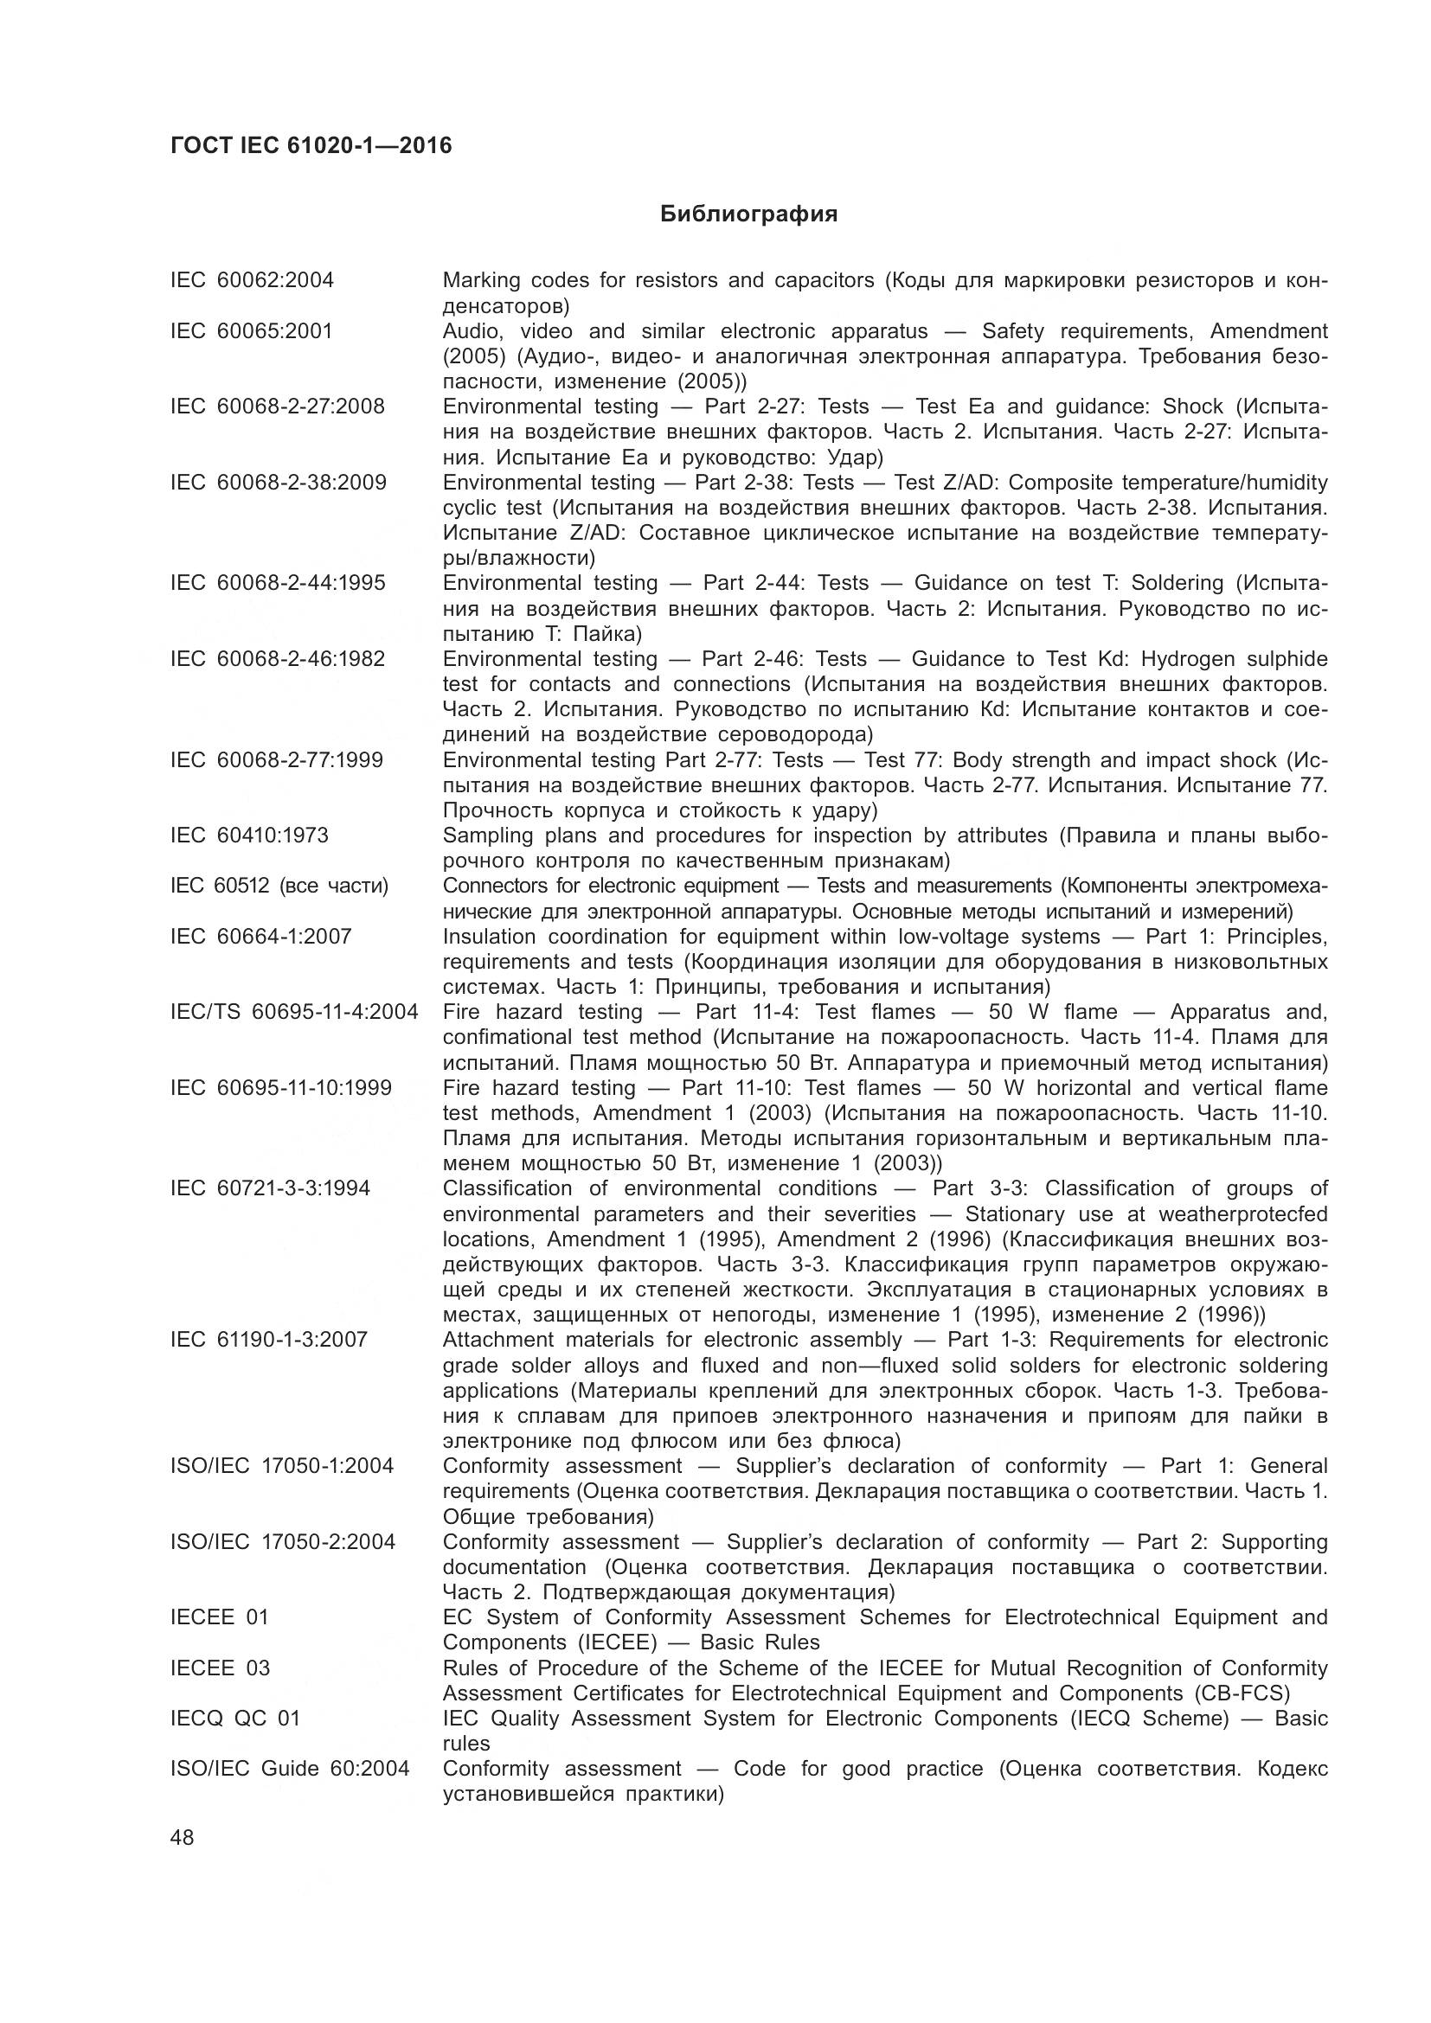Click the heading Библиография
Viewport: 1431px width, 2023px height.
pyautogui.click(x=748, y=214)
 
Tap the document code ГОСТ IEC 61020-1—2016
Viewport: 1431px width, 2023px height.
pyautogui.click(x=311, y=145)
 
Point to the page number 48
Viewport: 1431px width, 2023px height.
pyautogui.click(x=183, y=1838)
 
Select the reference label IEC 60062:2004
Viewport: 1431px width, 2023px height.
pyautogui.click(x=252, y=280)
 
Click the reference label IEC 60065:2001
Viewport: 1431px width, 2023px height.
pyautogui.click(x=251, y=331)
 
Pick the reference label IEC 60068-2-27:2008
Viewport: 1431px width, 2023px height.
pyautogui.click(x=278, y=407)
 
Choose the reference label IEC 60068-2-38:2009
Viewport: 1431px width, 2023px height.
pyautogui.click(x=279, y=483)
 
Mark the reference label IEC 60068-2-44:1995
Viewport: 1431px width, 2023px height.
pyautogui.click(x=278, y=583)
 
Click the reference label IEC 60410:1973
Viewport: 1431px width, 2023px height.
pyautogui.click(x=249, y=835)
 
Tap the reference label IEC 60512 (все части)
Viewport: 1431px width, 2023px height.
pyautogui.click(x=279, y=886)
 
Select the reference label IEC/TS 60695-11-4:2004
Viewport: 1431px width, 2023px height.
pyautogui.click(x=294, y=1012)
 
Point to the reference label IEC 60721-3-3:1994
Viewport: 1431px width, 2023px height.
pyautogui.click(x=271, y=1188)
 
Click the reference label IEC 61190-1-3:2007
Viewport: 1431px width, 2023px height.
pyautogui.click(x=269, y=1340)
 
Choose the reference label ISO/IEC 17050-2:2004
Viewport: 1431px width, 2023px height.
pyautogui.click(x=283, y=1542)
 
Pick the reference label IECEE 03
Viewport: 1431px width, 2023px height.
pyautogui.click(x=221, y=1668)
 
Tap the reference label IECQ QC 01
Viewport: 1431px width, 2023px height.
pyautogui.click(x=235, y=1719)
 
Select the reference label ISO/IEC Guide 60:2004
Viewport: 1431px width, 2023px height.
pyautogui.click(x=290, y=1769)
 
